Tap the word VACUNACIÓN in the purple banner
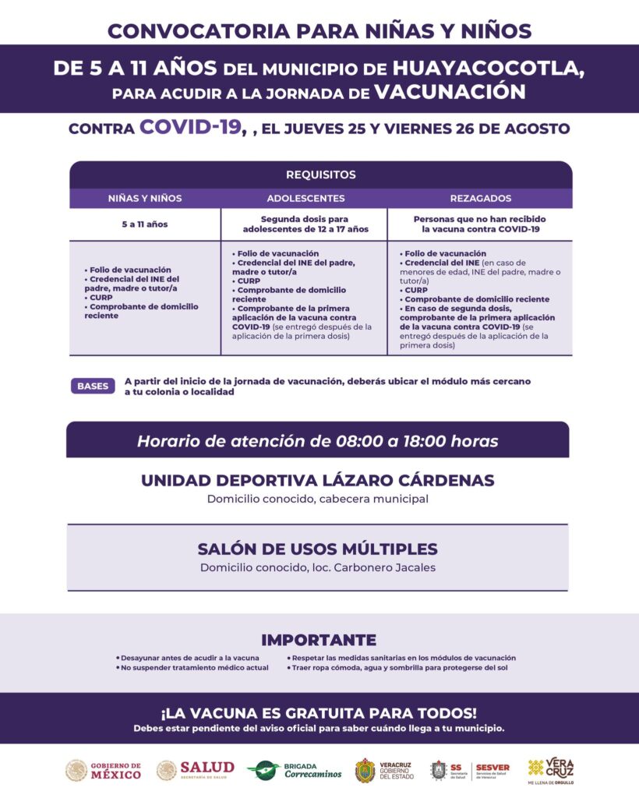pyautogui.click(x=450, y=92)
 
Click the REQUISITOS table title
pyautogui.click(x=320, y=175)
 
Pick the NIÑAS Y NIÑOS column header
pyautogui.click(x=145, y=198)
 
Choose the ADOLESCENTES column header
pyautogui.click(x=305, y=198)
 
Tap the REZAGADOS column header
pyautogui.click(x=480, y=198)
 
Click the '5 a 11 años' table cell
pyautogui.click(x=145, y=224)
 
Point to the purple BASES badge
pyautogui.click(x=93, y=386)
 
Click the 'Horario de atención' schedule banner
pyautogui.click(x=318, y=441)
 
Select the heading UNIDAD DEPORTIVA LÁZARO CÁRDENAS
pyautogui.click(x=318, y=480)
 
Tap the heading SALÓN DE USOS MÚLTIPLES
pyautogui.click(x=318, y=549)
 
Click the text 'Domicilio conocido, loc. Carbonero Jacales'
pyautogui.click(x=318, y=567)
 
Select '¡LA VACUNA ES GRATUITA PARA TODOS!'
pyautogui.click(x=318, y=713)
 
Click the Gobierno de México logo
pyautogui.click(x=104, y=770)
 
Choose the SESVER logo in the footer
pyautogui.click(x=492, y=770)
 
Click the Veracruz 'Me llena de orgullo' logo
pyautogui.click(x=551, y=770)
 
